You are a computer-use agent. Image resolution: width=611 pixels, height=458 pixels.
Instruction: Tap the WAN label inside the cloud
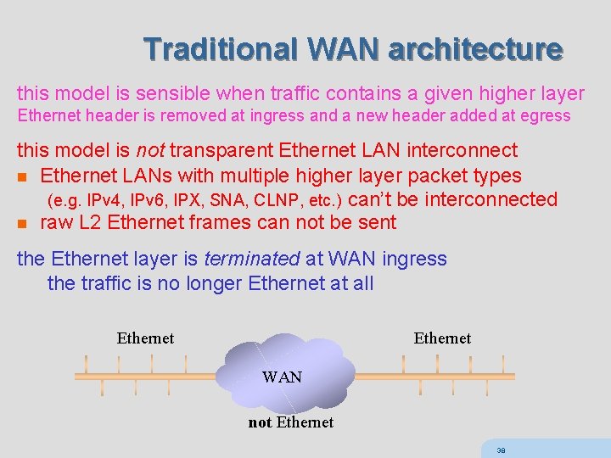point(282,377)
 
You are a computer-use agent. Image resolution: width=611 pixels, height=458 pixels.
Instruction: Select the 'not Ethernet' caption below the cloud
point(290,422)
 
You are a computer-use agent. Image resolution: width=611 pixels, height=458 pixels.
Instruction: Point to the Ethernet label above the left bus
point(145,338)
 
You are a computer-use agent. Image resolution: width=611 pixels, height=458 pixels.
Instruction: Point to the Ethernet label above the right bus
point(442,338)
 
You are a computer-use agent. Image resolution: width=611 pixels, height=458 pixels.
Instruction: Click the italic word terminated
point(254,259)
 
